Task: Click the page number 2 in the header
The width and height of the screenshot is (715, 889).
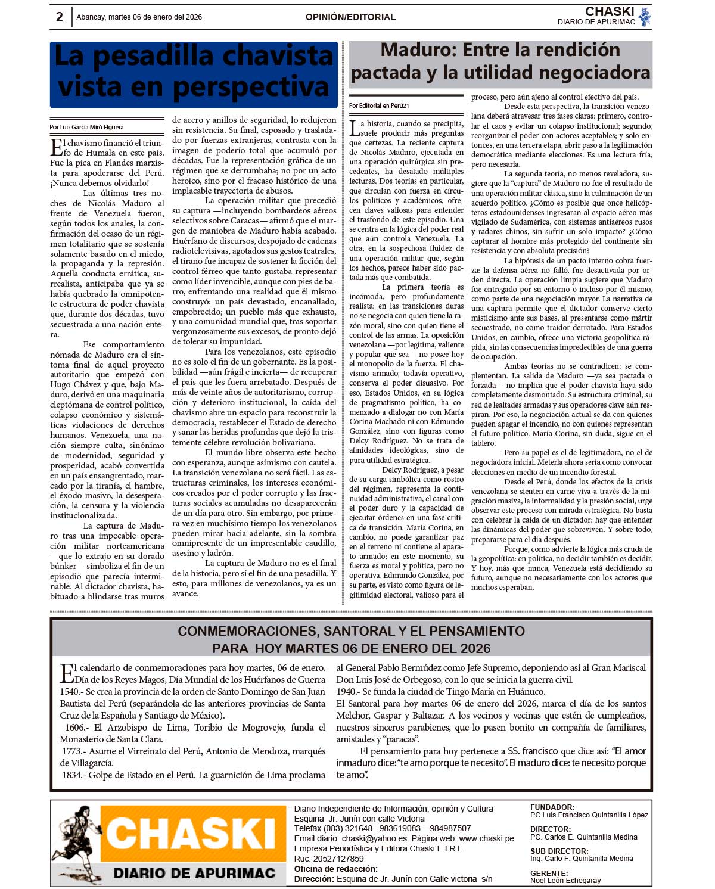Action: (x=59, y=17)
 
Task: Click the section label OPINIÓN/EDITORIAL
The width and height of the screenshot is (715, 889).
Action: (x=350, y=17)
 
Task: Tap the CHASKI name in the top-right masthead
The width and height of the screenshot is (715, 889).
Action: (x=610, y=11)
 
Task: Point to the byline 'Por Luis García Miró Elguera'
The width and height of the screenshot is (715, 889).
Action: (x=87, y=127)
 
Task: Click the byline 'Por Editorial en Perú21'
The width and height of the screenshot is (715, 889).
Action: (x=379, y=105)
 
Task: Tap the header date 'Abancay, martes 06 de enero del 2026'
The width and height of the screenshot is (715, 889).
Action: (x=139, y=17)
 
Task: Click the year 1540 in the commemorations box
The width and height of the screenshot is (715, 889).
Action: (x=70, y=692)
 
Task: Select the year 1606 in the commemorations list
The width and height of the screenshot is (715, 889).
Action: (x=75, y=728)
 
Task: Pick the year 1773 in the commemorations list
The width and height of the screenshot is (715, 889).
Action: (x=71, y=751)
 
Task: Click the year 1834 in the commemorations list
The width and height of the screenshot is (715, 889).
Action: (x=71, y=775)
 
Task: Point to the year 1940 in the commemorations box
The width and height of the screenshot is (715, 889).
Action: (x=346, y=692)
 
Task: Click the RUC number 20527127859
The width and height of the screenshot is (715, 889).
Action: (x=337, y=859)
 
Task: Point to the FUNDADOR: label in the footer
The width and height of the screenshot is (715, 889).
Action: (x=552, y=807)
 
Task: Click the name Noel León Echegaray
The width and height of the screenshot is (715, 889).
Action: (x=565, y=880)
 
